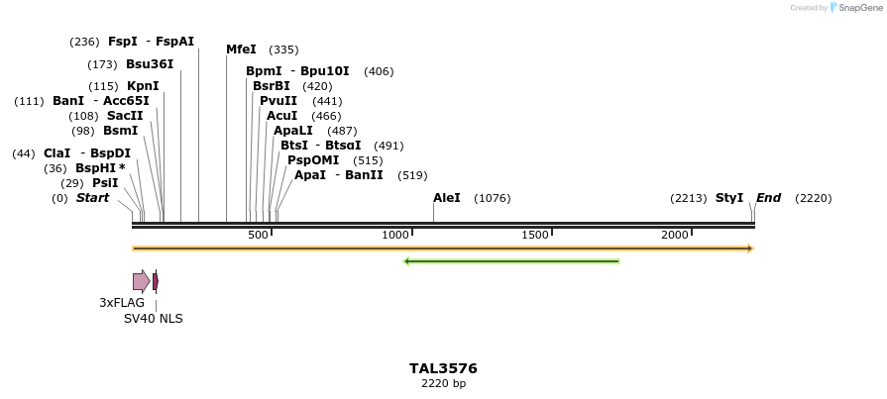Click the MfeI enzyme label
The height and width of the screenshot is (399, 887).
241,50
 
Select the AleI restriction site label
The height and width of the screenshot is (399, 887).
447,198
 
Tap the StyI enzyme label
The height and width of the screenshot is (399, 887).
728,198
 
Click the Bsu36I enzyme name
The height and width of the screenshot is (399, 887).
150,64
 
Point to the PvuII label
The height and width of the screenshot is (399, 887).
278,101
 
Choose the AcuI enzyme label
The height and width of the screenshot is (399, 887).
281,116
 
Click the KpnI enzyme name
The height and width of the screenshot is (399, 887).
143,86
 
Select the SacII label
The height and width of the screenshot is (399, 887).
125,116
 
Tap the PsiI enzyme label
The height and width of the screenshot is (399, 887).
105,183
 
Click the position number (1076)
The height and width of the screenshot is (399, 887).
493,198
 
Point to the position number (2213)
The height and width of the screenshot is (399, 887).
689,198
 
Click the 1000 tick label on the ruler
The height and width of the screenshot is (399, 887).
396,235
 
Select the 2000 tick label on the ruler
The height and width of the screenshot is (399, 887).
675,235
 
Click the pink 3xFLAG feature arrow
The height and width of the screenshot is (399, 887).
141,281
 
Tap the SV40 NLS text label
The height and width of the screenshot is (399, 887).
153,319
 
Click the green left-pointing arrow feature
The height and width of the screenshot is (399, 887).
511,261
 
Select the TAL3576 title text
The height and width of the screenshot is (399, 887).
443,368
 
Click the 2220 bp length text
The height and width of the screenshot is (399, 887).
443,383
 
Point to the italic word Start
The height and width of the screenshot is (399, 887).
92,198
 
